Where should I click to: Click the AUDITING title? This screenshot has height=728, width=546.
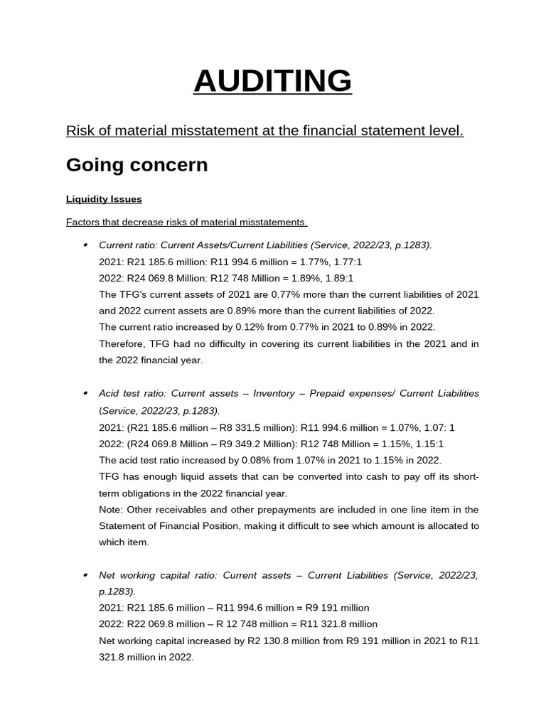272,81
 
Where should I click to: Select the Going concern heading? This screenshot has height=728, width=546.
136,165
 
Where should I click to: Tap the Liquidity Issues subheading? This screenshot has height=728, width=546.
104,199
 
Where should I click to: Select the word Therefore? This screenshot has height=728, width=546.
122,344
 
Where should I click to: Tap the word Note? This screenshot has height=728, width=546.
110,510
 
